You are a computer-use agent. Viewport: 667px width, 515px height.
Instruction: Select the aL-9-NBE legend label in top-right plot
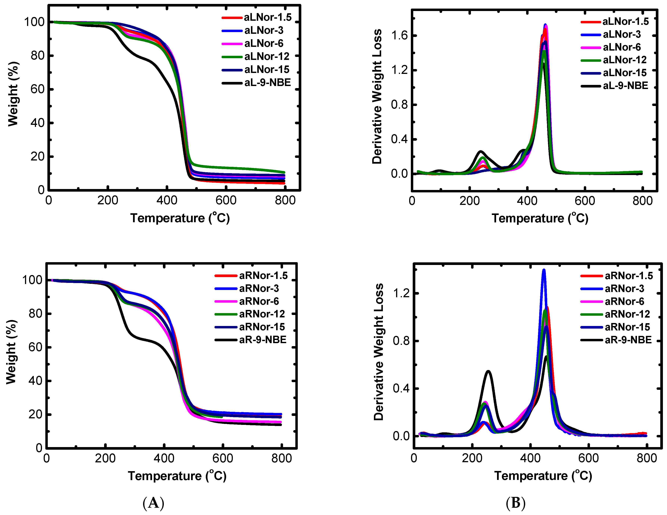(x=625, y=86)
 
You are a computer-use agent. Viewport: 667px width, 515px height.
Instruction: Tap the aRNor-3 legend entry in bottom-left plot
(x=259, y=288)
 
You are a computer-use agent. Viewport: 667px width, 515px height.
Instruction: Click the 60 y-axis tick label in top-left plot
(x=37, y=89)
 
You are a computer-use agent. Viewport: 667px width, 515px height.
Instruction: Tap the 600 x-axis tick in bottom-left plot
(x=223, y=458)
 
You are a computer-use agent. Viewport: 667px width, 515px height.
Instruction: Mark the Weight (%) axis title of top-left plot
(x=13, y=94)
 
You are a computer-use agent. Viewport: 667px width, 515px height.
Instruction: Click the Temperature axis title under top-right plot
(x=540, y=218)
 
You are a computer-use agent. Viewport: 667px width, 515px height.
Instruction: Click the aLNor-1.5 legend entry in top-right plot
(x=625, y=22)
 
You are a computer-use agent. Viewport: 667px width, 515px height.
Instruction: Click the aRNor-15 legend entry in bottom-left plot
(x=262, y=327)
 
